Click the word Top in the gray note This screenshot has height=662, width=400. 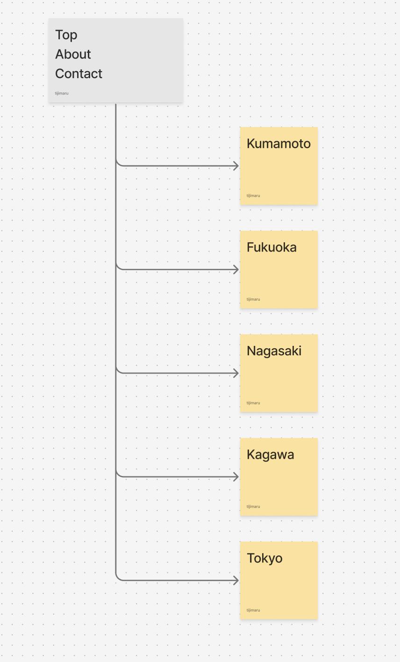[x=66, y=35]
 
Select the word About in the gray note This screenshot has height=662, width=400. [x=73, y=54]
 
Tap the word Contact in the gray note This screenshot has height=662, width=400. [x=79, y=73]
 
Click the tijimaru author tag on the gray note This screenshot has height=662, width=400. [x=61, y=93]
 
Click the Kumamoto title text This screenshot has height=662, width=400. [x=279, y=144]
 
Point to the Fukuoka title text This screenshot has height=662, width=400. [x=271, y=247]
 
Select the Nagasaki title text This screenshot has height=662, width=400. [x=274, y=351]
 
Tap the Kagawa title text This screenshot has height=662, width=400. [x=270, y=455]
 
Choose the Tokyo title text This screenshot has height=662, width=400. [x=264, y=559]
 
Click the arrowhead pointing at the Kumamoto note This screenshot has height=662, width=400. [x=236, y=166]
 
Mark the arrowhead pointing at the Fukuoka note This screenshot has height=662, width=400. [x=236, y=270]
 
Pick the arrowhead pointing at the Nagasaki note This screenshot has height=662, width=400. [x=236, y=373]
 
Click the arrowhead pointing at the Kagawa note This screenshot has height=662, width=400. [x=236, y=477]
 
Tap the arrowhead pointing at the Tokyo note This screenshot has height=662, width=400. [x=236, y=581]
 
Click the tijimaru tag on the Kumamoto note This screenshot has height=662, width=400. [x=253, y=195]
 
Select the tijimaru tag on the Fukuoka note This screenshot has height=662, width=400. [x=253, y=299]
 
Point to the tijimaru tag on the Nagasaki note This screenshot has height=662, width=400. [x=253, y=403]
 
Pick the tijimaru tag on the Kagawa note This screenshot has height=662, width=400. [x=253, y=506]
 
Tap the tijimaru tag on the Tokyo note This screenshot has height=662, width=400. [x=253, y=610]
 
